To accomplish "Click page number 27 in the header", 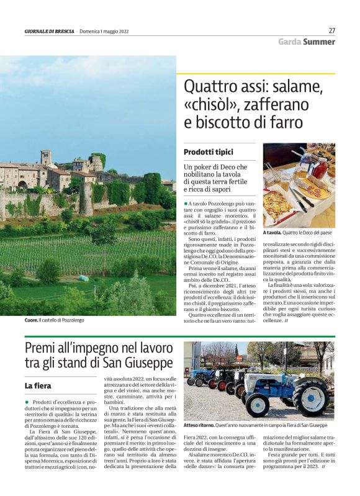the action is point(331,30).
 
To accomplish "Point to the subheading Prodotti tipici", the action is point(208,152).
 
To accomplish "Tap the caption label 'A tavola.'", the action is point(273,233).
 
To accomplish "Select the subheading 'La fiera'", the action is point(37,386).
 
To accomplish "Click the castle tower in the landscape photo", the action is point(46,157).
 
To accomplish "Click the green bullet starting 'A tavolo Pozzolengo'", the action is point(185,204).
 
